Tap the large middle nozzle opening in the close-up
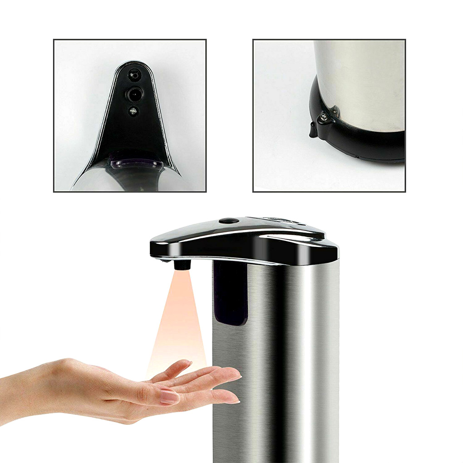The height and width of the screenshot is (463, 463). tap(133, 94)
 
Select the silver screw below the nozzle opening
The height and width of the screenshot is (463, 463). tap(133, 110)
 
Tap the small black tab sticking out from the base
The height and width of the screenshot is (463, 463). tap(313, 130)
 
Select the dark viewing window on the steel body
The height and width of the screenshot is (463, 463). tap(230, 293)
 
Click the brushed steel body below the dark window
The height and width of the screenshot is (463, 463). tap(272, 386)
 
